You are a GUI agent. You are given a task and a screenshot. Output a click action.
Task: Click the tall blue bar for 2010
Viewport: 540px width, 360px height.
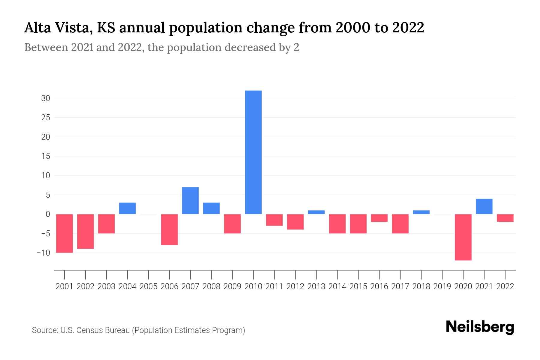[253, 152]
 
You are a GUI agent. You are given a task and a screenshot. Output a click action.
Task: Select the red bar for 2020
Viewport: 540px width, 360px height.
[463, 237]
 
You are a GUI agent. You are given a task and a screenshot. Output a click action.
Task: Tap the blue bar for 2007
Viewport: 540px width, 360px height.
[190, 200]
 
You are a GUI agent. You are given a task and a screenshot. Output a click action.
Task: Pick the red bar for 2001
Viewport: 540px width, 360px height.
[64, 233]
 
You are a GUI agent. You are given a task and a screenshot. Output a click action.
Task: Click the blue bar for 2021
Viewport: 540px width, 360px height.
[484, 206]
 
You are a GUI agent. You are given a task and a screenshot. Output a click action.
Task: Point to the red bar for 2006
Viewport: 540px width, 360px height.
[169, 229]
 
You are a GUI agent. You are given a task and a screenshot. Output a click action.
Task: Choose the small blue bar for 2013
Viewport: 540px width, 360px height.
[316, 212]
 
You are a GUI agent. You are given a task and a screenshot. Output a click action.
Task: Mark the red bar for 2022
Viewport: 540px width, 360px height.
[505, 218]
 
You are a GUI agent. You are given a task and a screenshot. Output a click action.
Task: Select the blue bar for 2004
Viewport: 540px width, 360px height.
[127, 208]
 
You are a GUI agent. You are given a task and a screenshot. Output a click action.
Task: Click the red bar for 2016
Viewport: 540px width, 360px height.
[379, 218]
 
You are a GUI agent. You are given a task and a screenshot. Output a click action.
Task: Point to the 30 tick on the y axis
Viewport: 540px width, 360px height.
[46, 98]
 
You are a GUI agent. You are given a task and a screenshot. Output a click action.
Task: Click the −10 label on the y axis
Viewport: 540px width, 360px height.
[43, 253]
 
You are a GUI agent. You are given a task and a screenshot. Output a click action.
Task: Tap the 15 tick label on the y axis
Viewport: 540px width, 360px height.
[46, 156]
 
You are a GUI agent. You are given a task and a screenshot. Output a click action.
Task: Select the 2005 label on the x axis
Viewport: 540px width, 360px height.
[148, 286]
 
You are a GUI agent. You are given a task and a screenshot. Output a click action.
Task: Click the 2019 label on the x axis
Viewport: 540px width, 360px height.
[442, 286]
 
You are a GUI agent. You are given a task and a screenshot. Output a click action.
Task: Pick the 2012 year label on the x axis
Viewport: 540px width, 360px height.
[295, 286]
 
